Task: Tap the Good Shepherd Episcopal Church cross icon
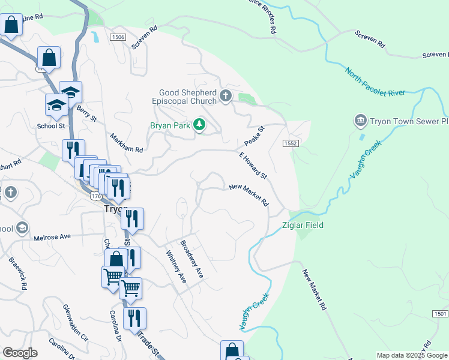point(226,96)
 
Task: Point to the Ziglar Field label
point(303,225)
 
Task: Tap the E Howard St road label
point(253,165)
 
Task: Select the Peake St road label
point(255,137)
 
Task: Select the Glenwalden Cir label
point(76,322)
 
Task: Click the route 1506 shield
point(118,37)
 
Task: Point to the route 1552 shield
point(291,143)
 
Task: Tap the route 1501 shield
point(440,314)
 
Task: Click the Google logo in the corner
point(20,353)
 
